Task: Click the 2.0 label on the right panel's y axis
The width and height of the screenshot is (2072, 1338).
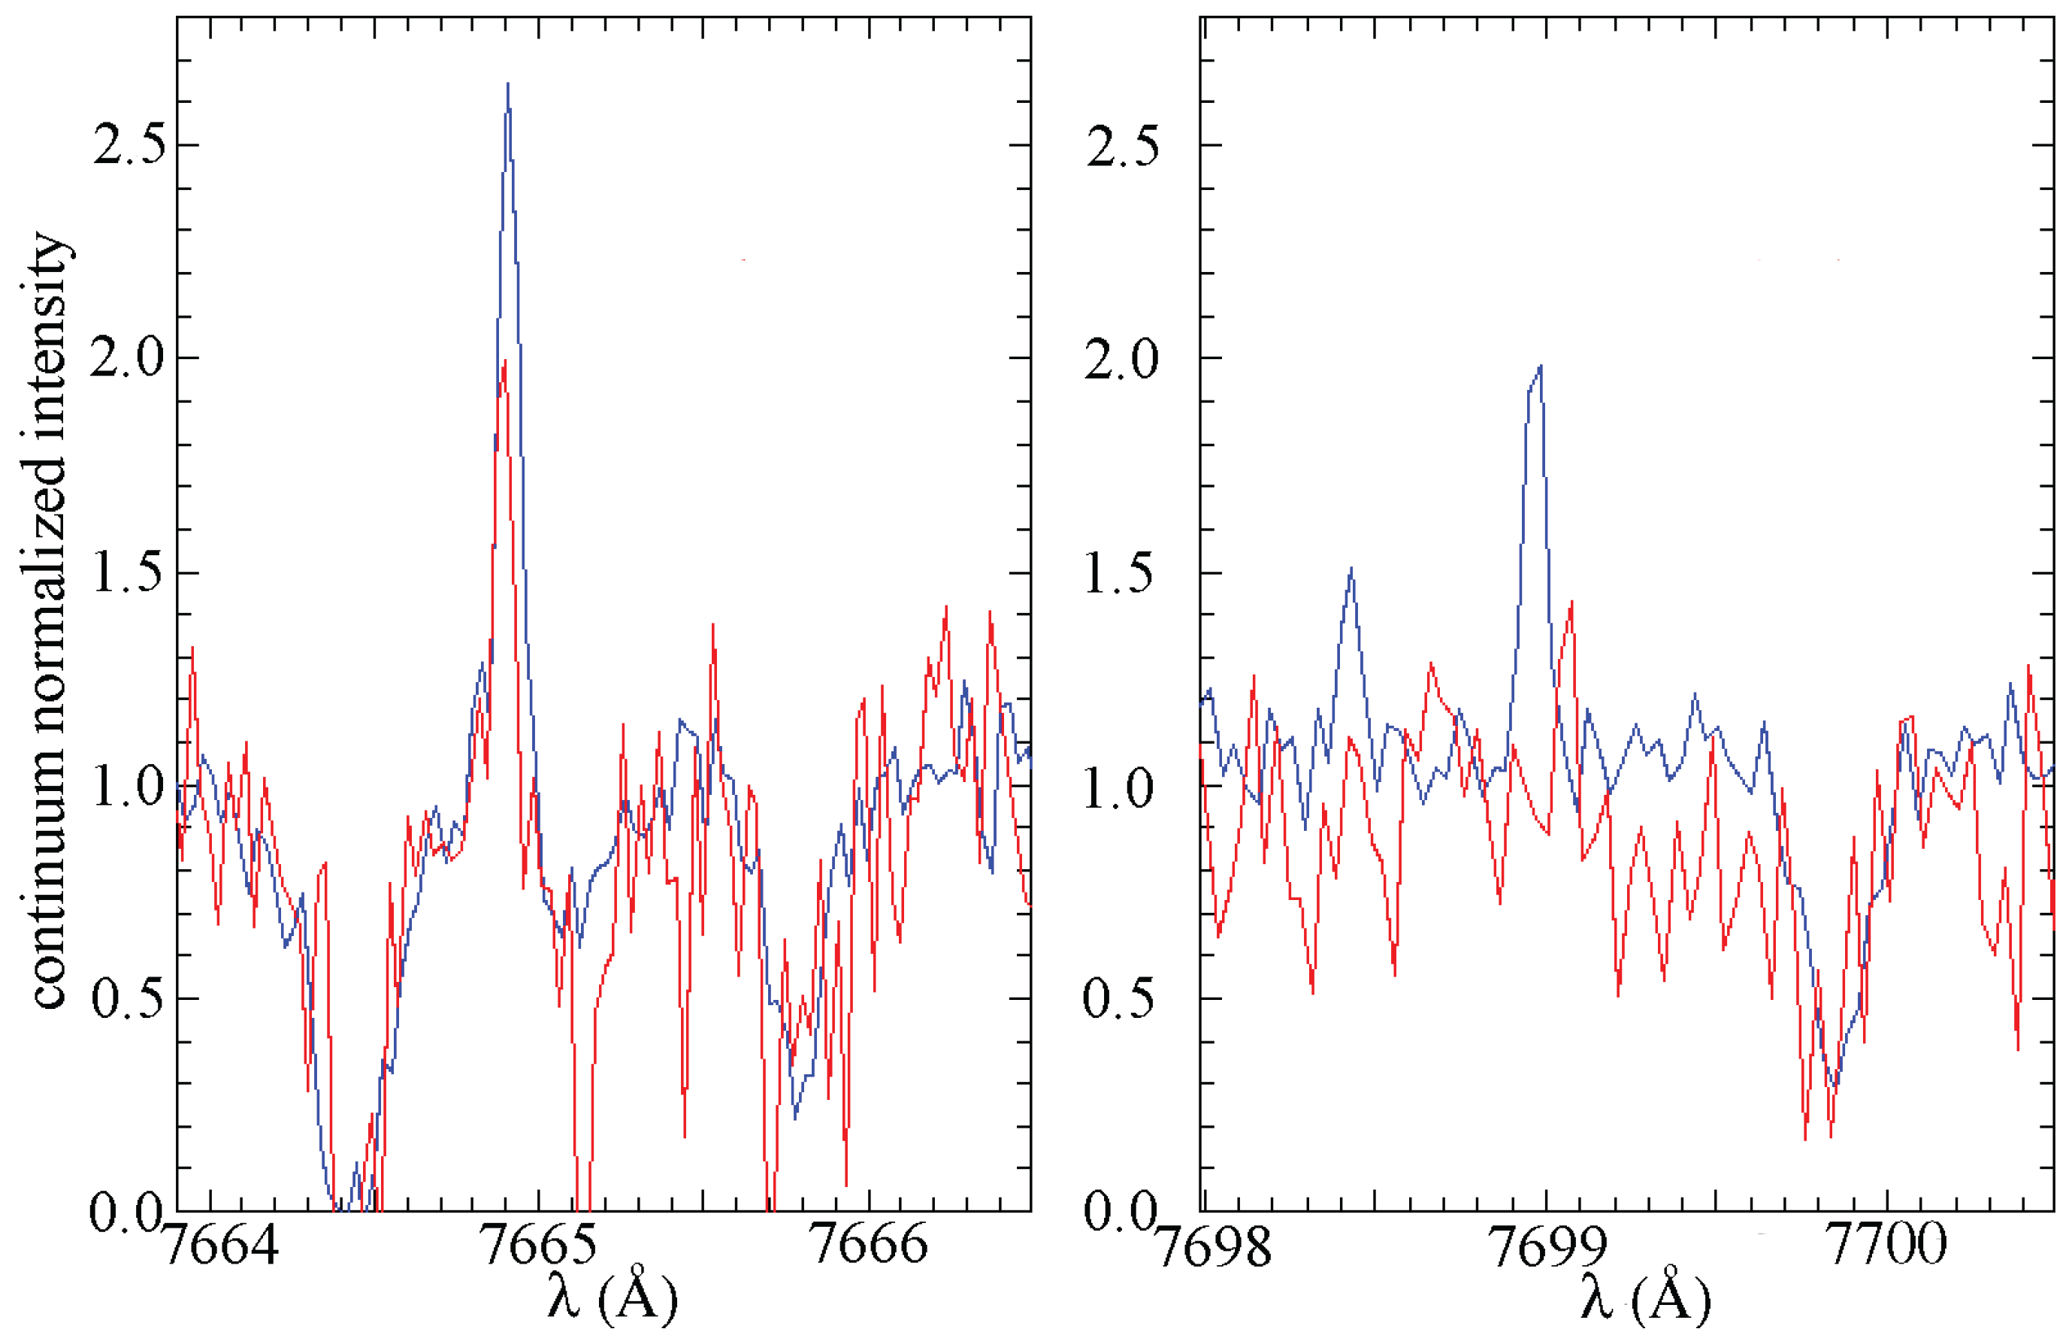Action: point(1121,358)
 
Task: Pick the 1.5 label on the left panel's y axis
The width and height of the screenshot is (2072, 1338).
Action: point(128,573)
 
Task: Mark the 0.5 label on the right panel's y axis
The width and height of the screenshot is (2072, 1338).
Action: point(1121,998)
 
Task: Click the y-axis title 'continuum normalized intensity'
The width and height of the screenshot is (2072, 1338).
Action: point(50,621)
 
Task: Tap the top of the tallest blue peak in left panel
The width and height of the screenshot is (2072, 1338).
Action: point(507,85)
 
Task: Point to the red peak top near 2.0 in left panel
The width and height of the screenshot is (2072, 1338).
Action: point(504,361)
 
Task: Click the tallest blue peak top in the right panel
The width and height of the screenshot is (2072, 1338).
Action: point(1540,367)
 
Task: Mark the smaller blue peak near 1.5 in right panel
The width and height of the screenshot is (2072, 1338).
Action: point(1351,569)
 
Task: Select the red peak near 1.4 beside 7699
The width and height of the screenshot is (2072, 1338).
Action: point(1571,602)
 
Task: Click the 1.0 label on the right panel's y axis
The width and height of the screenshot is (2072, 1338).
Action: point(1121,787)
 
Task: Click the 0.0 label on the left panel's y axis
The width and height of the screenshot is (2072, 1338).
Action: point(126,1212)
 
